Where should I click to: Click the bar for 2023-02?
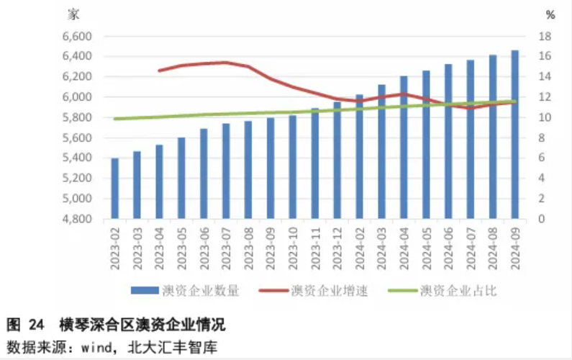(x=115, y=188)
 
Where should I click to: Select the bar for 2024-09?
(x=514, y=134)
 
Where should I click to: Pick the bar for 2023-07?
(x=226, y=171)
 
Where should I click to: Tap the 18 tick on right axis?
(x=545, y=36)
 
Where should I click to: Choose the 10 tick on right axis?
(x=545, y=117)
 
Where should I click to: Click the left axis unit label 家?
(x=73, y=14)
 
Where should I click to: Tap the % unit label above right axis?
(x=550, y=14)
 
